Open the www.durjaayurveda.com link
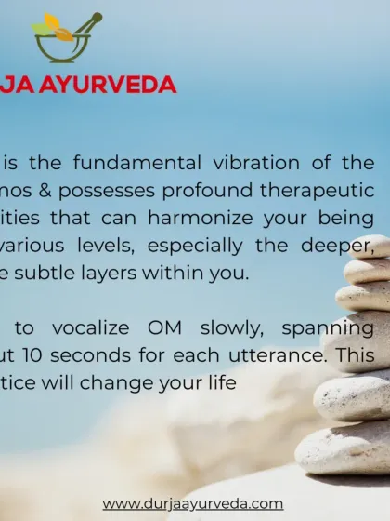pyautogui.click(x=192, y=503)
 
